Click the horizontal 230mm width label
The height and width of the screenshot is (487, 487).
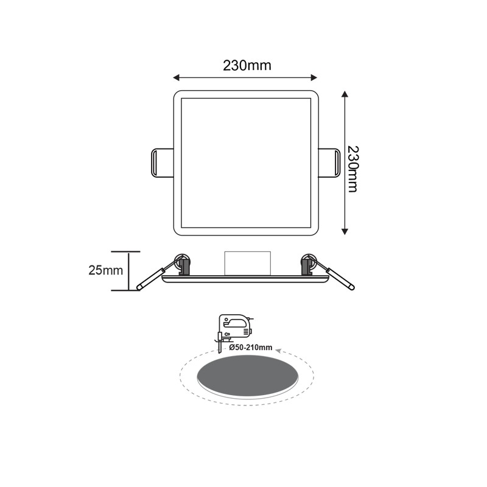247,66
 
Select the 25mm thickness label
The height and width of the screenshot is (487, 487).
106,270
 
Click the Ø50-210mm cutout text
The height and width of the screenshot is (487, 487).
250,347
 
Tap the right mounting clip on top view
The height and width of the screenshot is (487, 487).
329,163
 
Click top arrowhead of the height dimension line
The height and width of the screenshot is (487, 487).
345,94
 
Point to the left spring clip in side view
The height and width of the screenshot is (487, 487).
181,264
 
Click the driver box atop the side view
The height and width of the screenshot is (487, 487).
247,263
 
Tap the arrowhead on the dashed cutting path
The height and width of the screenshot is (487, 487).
278,351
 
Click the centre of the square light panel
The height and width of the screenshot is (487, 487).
246,163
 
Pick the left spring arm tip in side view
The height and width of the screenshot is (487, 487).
140,286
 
